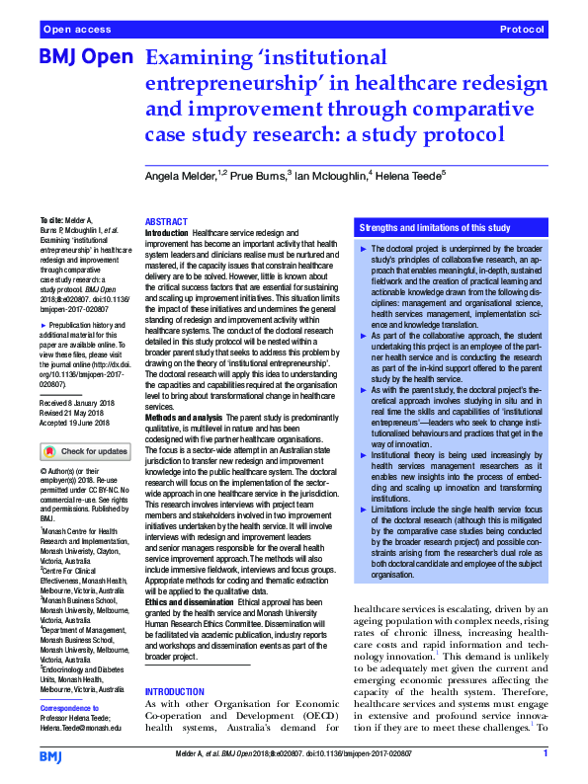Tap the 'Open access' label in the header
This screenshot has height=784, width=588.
pyautogui.click(x=76, y=31)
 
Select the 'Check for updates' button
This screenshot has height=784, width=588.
pyautogui.click(x=85, y=451)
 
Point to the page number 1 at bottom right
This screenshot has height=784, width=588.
pyautogui.click(x=545, y=754)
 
